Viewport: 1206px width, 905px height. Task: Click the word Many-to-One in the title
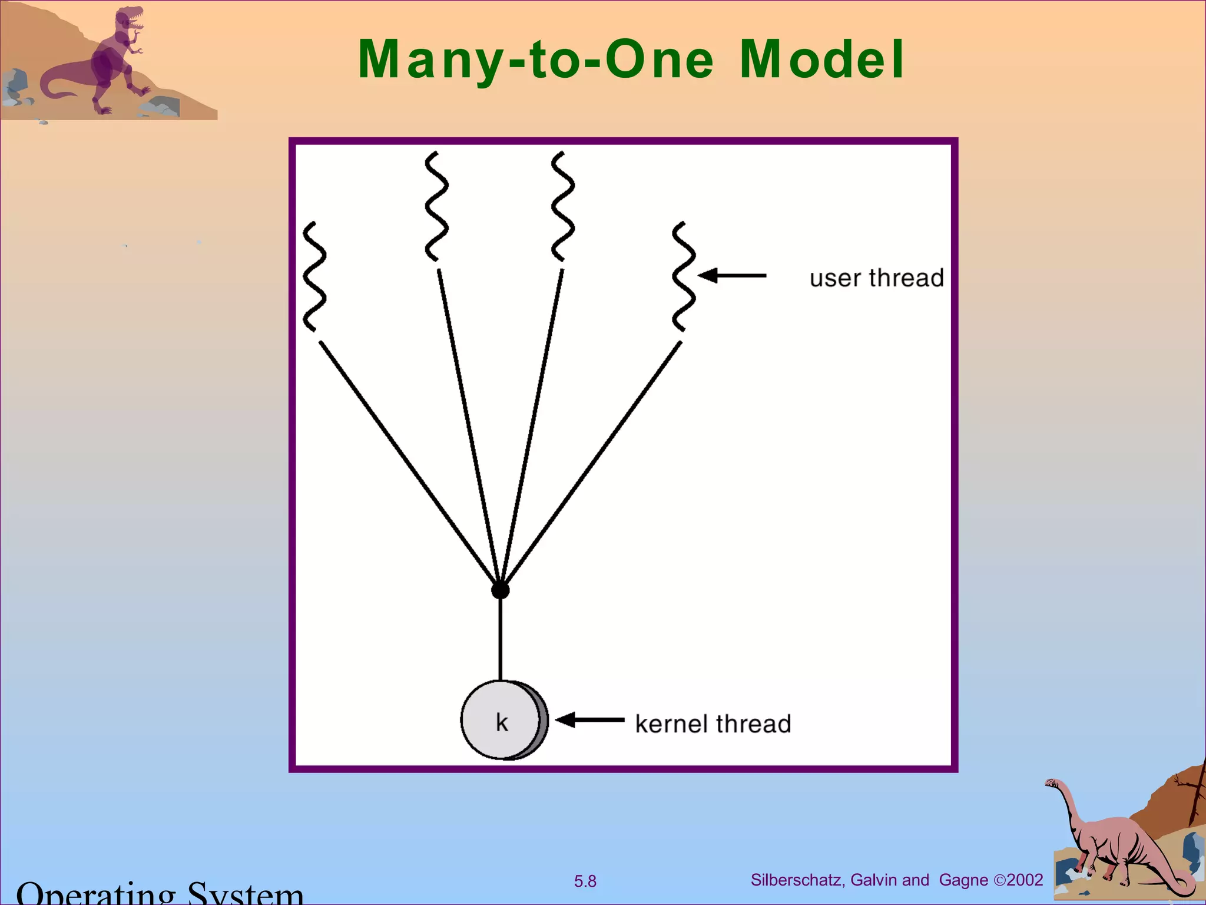[536, 60]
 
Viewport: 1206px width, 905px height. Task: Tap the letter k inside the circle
[502, 722]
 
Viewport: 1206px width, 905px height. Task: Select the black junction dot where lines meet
[500, 590]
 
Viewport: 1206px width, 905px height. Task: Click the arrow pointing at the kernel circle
[589, 719]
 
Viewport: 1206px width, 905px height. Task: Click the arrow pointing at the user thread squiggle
[732, 275]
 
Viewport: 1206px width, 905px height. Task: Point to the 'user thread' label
[876, 278]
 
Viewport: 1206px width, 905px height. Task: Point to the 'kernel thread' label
[713, 724]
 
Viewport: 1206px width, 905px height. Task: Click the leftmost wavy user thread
[314, 276]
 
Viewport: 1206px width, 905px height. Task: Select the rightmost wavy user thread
[684, 276]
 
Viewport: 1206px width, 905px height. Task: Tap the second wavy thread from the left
[436, 206]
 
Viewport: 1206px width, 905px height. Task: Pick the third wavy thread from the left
[562, 206]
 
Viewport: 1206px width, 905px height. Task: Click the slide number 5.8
[585, 881]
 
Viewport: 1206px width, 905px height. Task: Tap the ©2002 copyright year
[1019, 880]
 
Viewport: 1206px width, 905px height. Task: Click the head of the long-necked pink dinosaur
[1052, 784]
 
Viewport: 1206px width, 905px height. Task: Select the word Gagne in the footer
[963, 880]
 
